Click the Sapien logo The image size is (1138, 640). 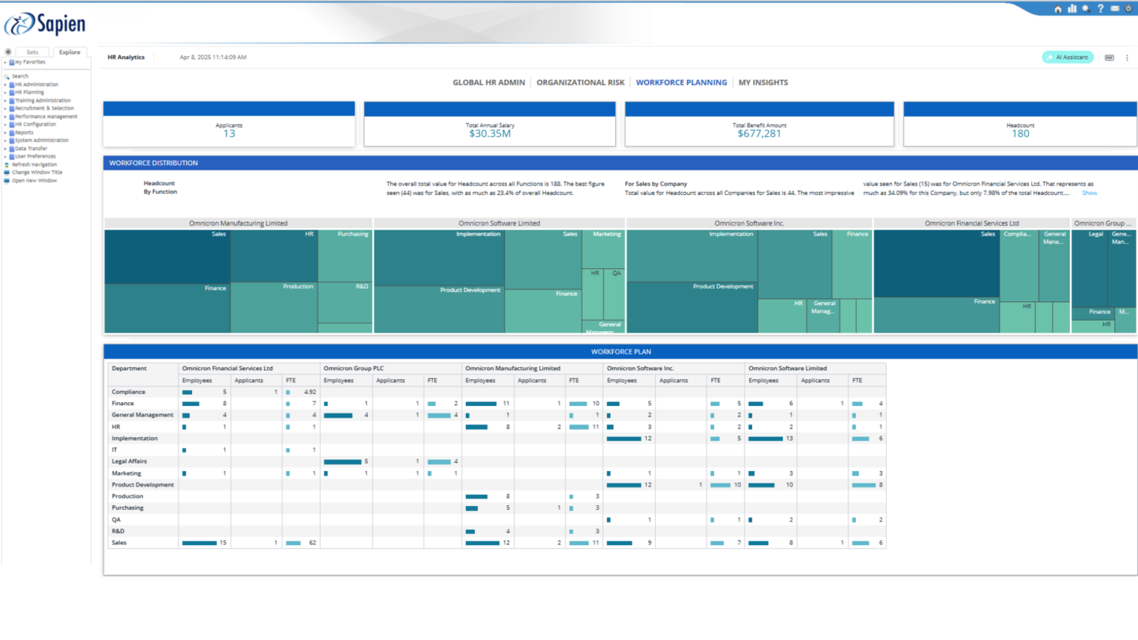[46, 24]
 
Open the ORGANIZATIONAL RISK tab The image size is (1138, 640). [580, 83]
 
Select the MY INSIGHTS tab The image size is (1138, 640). [763, 83]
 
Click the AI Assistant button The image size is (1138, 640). [1068, 57]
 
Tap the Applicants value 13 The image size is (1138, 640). [229, 134]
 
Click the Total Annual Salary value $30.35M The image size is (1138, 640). [490, 134]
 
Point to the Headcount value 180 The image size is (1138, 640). [1020, 134]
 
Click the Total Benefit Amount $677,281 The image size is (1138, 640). [759, 134]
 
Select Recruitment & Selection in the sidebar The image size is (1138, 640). [44, 108]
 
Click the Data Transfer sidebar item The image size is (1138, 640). [31, 148]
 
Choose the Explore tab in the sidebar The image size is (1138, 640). [70, 53]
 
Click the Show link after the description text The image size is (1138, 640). [1089, 193]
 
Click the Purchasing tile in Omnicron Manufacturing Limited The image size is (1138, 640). [345, 256]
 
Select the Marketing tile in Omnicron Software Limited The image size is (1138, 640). [603, 248]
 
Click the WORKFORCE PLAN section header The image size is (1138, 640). [620, 352]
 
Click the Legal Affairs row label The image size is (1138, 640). [130, 461]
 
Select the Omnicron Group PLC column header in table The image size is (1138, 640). [353, 368]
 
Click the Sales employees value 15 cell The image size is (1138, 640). [222, 543]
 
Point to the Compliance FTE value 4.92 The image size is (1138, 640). [310, 392]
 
